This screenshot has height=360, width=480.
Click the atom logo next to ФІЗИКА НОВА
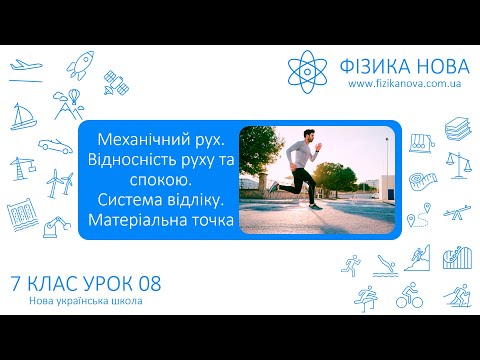[308, 68]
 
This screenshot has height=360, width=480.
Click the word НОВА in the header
[432, 66]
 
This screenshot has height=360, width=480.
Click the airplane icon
[27, 68]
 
